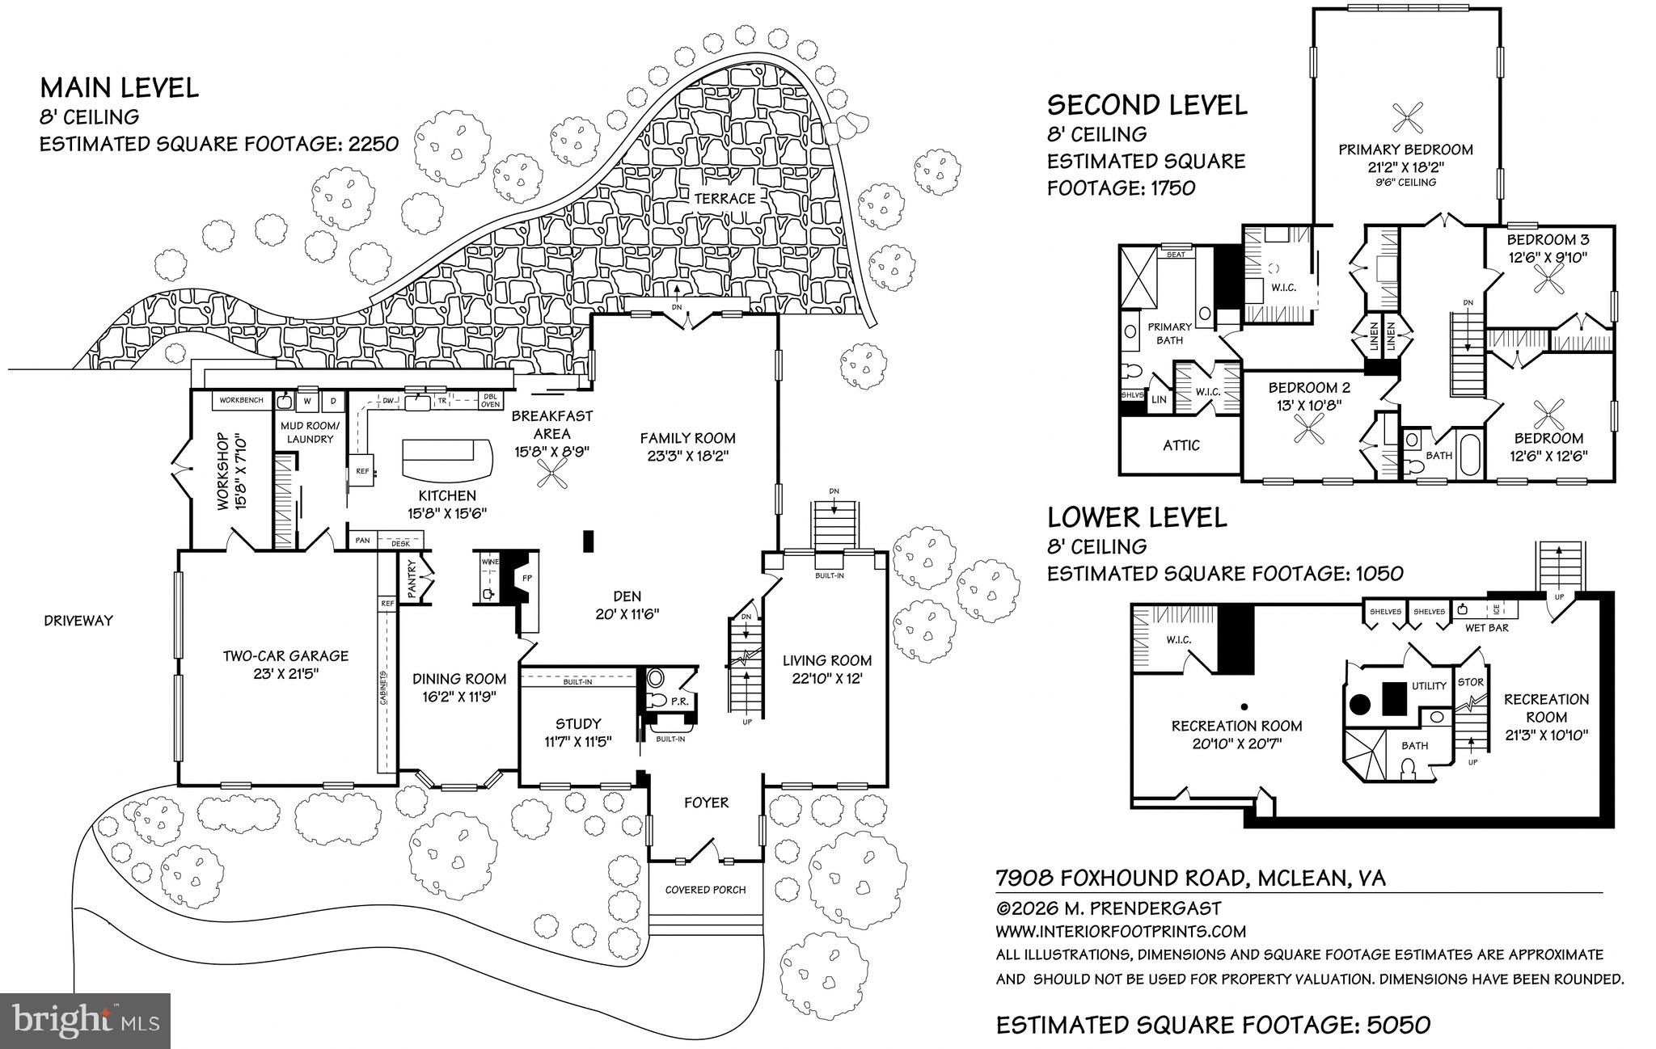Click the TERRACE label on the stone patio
coord(729,198)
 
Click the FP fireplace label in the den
coord(526,579)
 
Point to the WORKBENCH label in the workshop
coord(241,400)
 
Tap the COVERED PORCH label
coord(705,890)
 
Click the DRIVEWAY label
coord(78,621)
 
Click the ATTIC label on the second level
coord(1181,445)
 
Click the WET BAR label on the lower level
coord(1487,627)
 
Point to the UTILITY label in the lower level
coord(1429,685)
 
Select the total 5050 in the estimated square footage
coord(1398,1025)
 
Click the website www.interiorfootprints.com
coord(1120,931)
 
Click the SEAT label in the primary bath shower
coord(1175,255)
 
